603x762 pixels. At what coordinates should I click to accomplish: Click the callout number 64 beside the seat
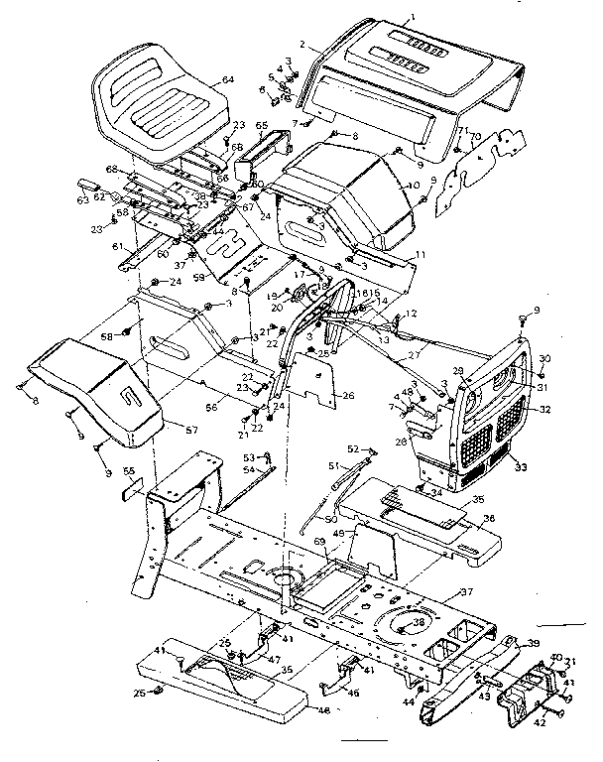(228, 79)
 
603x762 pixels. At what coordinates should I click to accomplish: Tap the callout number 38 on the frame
(419, 624)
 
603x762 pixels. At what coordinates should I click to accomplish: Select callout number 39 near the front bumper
(534, 644)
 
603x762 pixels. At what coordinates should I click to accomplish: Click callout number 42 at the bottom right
(540, 723)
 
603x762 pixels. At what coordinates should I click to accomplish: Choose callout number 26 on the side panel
(347, 396)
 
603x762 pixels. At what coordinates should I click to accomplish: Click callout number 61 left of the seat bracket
(116, 246)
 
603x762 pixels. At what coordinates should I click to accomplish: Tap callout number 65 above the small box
(262, 127)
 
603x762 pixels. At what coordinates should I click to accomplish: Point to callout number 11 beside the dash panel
(421, 255)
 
